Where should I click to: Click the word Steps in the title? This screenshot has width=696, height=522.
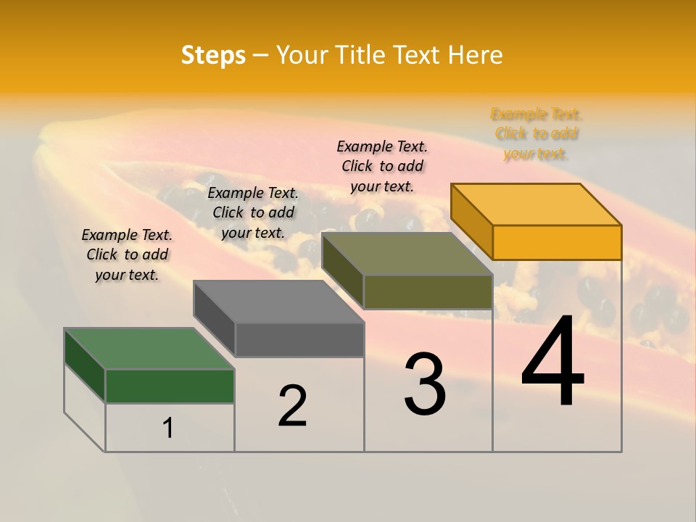click(213, 55)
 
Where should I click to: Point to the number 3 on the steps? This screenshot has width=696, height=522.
click(424, 384)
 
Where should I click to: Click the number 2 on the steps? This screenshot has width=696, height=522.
click(292, 406)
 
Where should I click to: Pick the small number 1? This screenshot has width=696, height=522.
click(167, 428)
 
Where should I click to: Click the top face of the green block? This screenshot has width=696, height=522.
click(149, 349)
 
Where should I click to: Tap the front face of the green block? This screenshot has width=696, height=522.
click(170, 386)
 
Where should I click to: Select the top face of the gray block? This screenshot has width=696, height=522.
click(278, 302)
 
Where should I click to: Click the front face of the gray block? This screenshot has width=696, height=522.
click(299, 339)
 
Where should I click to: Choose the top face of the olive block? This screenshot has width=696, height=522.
click(407, 254)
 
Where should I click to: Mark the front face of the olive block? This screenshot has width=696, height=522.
click(428, 291)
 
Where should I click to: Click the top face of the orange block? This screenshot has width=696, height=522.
click(536, 204)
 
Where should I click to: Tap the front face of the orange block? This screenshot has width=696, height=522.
click(557, 242)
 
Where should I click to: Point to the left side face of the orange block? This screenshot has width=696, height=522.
click(471, 221)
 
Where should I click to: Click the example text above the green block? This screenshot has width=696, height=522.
click(127, 254)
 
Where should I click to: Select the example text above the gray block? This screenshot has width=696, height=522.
click(253, 212)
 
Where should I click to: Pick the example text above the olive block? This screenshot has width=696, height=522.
click(382, 166)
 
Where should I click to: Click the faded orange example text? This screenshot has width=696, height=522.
click(536, 133)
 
